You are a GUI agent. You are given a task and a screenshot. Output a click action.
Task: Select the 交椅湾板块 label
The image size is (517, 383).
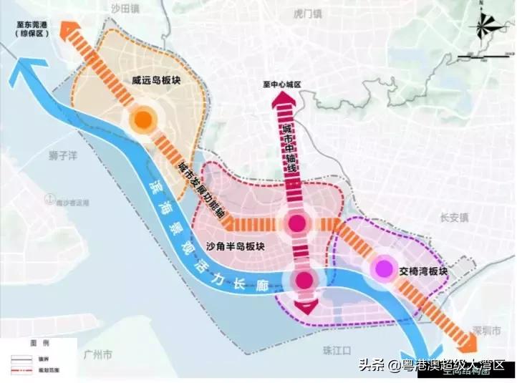[x=422, y=272]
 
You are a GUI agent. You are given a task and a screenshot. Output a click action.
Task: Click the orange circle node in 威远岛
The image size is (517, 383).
[x=142, y=119]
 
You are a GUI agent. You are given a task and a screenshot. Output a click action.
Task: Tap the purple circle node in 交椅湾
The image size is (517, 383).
[x=385, y=268]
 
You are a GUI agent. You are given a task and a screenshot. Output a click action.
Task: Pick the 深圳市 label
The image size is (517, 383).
[x=479, y=331]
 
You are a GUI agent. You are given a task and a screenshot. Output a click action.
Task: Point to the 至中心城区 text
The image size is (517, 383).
[x=282, y=84]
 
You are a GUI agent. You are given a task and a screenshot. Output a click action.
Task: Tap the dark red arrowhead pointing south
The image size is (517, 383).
[x=304, y=308]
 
